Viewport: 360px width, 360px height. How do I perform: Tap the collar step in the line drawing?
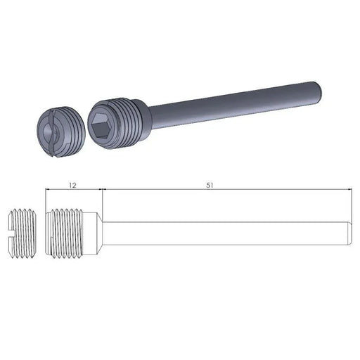101,232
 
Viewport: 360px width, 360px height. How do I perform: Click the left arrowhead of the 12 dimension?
47,190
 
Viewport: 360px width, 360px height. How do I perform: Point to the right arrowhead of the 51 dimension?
347,190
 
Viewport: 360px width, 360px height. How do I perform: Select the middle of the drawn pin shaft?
225,232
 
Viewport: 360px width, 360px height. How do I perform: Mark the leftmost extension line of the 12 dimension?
44,200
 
